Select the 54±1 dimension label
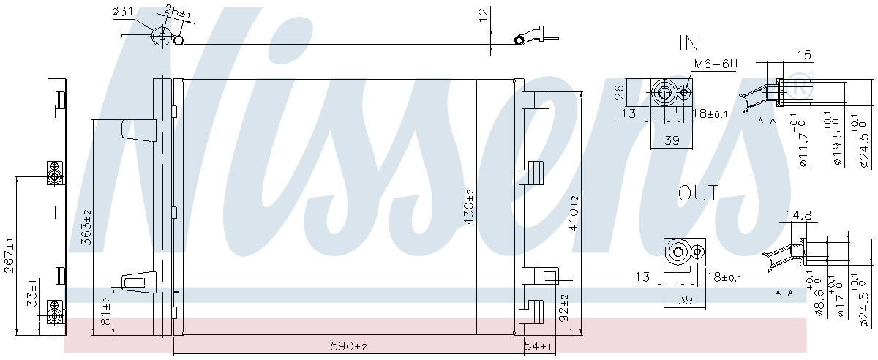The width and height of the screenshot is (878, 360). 538,345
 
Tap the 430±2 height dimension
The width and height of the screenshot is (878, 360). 469,207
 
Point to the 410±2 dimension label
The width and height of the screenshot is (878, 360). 574,213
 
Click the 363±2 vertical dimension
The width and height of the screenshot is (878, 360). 86,228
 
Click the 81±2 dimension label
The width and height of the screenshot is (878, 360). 107,310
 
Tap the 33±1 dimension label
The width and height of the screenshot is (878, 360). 32,293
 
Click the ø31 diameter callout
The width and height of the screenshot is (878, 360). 122,11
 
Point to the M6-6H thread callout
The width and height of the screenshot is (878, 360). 715,64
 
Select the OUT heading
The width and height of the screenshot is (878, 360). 698,193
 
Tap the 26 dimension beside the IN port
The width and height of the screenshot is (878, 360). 618,92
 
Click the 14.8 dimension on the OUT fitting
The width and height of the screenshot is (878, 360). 799,215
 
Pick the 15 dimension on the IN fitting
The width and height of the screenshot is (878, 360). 805,54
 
